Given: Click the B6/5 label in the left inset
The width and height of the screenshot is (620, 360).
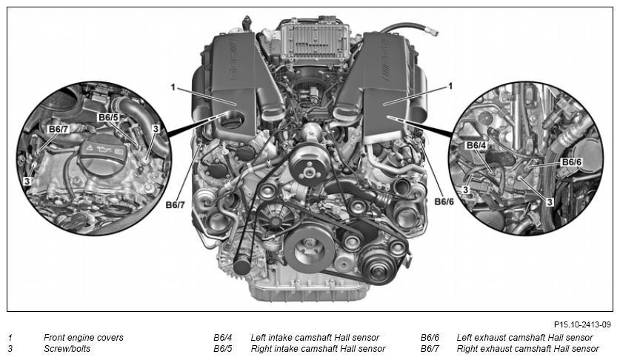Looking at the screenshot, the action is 108,117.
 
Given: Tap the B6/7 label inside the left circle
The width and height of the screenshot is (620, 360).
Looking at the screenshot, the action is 58,129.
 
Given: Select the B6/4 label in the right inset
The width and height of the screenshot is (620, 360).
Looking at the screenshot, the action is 476,146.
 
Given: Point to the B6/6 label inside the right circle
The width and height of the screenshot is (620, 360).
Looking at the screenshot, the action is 572,162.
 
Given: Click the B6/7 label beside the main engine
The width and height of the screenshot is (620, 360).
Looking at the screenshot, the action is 175,205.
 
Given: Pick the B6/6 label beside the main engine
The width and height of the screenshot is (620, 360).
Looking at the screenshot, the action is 444,201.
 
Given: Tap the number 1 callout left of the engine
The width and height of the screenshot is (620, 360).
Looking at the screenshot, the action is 173,87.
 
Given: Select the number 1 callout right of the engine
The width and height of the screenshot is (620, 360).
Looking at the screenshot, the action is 450,86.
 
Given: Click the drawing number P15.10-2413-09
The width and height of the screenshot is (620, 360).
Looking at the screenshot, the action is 582,324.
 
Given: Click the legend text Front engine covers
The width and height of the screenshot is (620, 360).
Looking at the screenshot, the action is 84,338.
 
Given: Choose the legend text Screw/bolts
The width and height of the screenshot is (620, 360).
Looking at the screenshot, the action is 67,349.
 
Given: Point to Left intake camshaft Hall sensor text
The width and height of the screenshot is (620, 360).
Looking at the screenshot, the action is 315,338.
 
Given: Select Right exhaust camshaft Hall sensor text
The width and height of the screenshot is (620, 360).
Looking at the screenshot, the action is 528,349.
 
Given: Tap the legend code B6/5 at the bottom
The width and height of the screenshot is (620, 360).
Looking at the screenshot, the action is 223,349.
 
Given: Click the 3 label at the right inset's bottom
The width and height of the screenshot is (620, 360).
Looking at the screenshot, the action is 549,202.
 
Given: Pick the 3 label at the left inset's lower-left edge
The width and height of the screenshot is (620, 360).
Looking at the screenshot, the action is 27,181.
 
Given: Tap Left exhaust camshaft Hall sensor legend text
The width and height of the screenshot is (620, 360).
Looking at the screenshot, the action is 524,338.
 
